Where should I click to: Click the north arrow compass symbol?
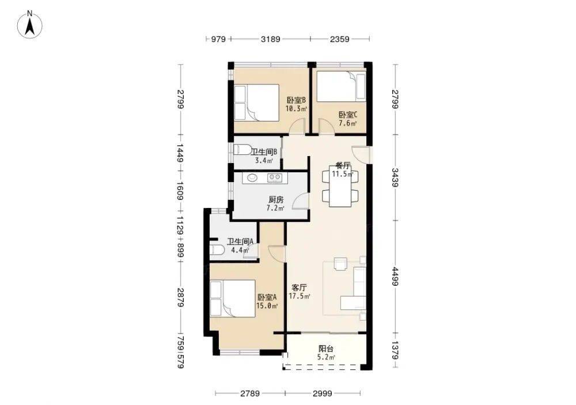click(30, 25)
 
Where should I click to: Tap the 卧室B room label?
click(296, 100)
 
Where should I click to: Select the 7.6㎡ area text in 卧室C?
click(347, 123)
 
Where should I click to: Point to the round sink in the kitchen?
click(253, 178)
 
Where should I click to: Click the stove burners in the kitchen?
click(274, 178)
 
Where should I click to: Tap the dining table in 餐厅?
click(340, 187)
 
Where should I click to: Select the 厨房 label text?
click(276, 200)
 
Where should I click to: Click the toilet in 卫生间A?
click(218, 250)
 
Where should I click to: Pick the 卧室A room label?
click(267, 297)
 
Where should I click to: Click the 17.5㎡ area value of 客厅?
click(300, 296)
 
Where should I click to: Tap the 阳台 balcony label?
click(326, 349)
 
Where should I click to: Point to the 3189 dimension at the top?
click(270, 39)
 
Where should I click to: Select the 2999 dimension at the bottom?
click(322, 393)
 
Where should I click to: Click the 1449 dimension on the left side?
click(180, 153)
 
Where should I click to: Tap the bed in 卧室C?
click(341, 86)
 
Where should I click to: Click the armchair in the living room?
click(340, 264)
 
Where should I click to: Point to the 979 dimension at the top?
click(218, 39)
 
